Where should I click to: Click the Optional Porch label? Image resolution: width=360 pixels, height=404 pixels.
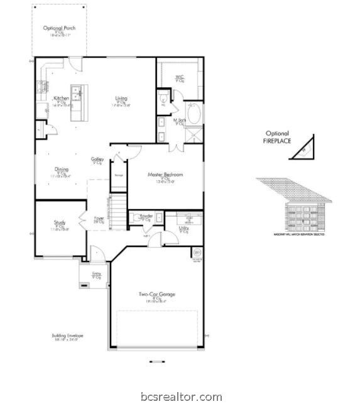coord(60,28)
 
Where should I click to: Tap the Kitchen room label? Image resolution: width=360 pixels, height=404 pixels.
coord(61,99)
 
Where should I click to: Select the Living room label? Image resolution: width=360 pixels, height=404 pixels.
coord(121,99)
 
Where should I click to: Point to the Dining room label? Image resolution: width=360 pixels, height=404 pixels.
coord(62,170)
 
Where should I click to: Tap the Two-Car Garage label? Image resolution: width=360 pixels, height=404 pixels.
coord(157,294)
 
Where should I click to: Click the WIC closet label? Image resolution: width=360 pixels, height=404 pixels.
coord(180,77)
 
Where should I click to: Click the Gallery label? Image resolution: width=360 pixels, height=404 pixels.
coord(97,160)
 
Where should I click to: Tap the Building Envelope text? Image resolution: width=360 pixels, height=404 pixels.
coord(67,336)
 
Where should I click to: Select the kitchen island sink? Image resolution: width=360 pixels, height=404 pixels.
coord(77,94)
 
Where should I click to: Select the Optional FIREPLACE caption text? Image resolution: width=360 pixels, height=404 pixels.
coord(277,138)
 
